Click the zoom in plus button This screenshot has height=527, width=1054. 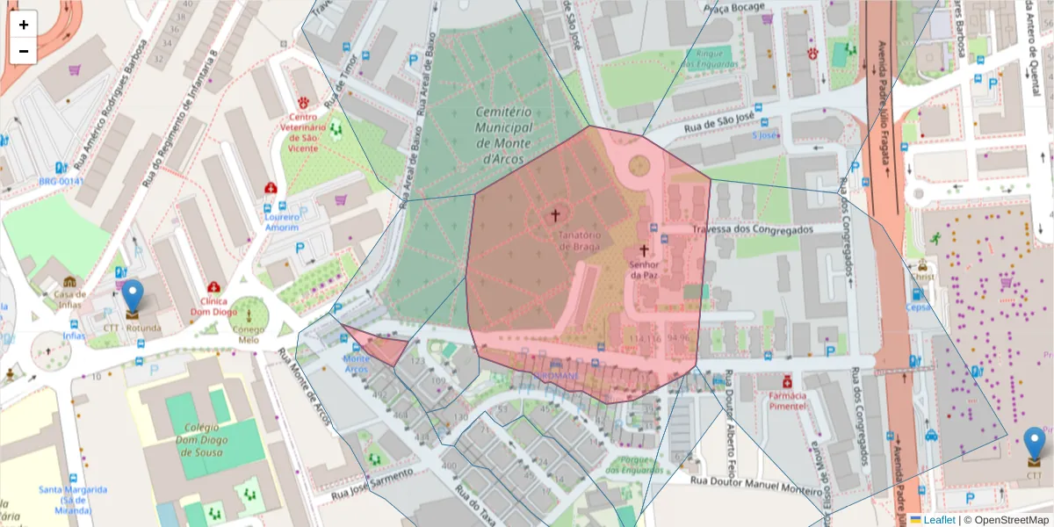(24, 25)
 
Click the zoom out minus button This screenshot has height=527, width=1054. (24, 51)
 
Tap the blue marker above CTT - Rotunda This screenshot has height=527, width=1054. (132, 297)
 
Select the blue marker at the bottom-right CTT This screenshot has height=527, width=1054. (1035, 444)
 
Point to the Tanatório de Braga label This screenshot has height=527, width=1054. (578, 241)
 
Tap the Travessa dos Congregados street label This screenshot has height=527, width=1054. (753, 230)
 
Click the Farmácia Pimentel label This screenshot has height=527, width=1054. (787, 400)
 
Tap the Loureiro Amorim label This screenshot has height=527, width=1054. (282, 222)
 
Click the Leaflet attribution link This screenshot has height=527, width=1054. (938, 520)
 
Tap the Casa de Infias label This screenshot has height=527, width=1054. (69, 300)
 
